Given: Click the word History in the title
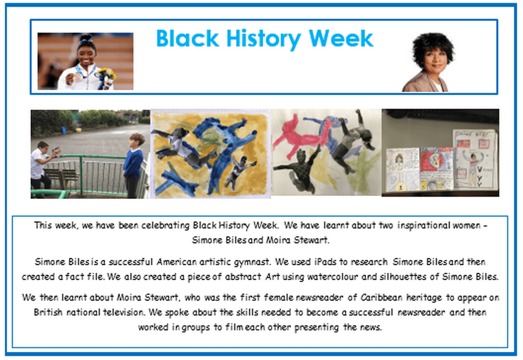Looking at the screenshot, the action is click(x=263, y=39).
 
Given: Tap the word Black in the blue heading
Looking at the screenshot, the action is click(x=188, y=38).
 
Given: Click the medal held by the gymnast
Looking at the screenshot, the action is click(x=78, y=77).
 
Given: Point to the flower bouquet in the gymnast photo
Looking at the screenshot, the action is click(x=107, y=77).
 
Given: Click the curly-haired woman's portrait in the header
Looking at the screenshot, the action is click(x=428, y=62).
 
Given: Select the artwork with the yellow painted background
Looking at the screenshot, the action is click(x=210, y=154).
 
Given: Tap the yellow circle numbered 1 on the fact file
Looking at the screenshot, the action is click(x=401, y=187).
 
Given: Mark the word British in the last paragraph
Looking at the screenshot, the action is click(x=48, y=312).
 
